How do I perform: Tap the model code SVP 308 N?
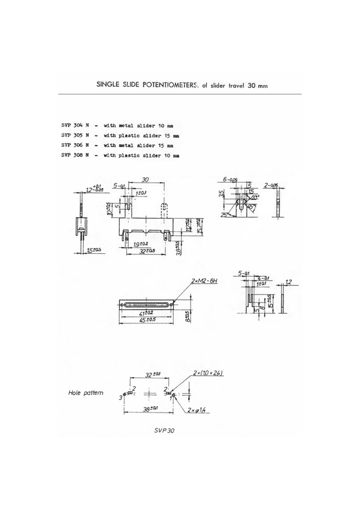pos(75,155)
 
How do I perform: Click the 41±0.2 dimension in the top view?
pos(146,312)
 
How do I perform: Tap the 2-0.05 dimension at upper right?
pos(271,185)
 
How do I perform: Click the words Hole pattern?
pos(85,393)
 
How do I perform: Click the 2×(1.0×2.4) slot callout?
pos(208,373)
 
